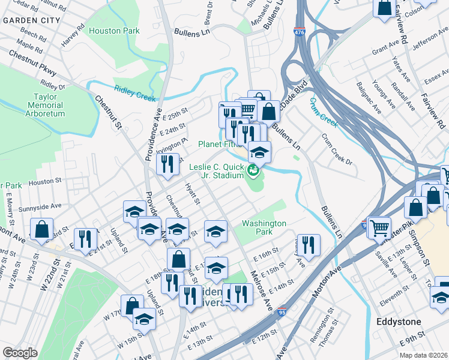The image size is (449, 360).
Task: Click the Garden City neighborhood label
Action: [31, 20]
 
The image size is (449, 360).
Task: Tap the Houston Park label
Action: [114, 31]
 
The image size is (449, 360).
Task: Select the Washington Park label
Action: [264, 227]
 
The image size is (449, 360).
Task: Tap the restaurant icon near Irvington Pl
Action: [168, 163]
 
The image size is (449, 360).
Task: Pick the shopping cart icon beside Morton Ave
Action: [379, 227]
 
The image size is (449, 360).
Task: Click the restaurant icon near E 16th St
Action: [309, 244]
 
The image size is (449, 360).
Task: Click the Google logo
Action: [20, 353]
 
